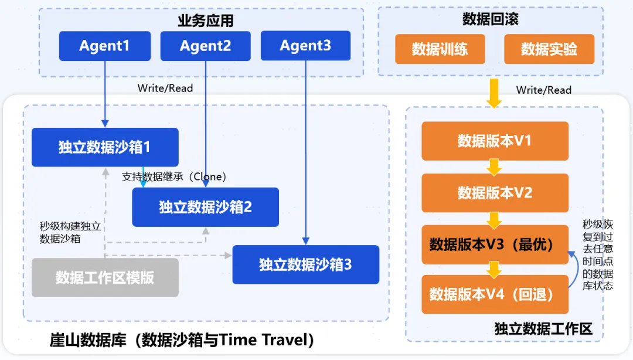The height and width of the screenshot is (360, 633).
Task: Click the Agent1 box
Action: [104, 46]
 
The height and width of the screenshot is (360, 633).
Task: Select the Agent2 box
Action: [205, 46]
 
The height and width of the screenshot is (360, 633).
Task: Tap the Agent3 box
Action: [305, 45]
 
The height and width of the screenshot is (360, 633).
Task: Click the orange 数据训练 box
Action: [440, 49]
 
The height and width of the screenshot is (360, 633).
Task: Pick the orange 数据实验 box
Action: [549, 49]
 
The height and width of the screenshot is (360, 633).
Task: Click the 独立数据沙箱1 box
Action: [104, 147]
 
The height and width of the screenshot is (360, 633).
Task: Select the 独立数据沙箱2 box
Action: [205, 207]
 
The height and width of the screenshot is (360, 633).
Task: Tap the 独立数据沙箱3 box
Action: [305, 264]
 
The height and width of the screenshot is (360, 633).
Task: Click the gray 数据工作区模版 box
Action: [104, 277]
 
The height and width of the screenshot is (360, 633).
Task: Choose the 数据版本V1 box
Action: [495, 141]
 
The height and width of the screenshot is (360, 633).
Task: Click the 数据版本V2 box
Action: [495, 192]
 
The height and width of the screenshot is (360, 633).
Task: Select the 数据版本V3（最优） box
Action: [495, 244]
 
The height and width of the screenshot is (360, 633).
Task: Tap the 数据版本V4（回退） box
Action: [495, 294]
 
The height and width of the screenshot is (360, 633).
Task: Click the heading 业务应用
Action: [205, 21]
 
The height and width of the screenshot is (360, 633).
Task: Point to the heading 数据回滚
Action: [490, 19]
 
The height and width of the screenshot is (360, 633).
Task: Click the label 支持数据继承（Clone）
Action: [174, 176]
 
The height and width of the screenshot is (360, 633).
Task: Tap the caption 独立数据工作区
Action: [543, 329]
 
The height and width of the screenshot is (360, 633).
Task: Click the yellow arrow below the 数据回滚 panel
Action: [494, 93]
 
